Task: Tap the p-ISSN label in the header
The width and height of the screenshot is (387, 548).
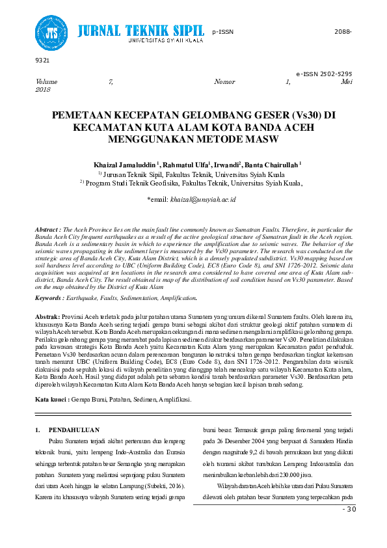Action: tap(222, 31)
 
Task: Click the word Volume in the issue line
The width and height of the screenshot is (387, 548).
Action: tap(46, 82)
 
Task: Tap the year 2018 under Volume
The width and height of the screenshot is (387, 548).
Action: tap(43, 89)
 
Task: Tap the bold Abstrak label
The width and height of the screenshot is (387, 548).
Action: tap(47, 316)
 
